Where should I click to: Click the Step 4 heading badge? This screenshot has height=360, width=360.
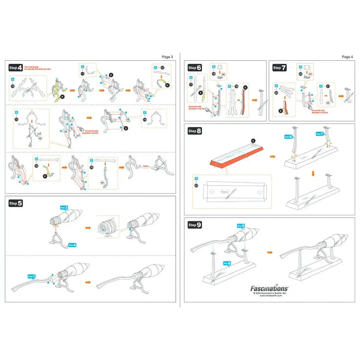pyautogui.click(x=15, y=67)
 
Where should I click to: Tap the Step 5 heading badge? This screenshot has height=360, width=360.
pyautogui.click(x=15, y=203)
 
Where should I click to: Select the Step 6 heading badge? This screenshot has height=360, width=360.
pyautogui.click(x=195, y=67)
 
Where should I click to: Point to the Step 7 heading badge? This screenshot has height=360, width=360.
pyautogui.click(x=280, y=67)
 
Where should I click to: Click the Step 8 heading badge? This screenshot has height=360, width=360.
pyautogui.click(x=195, y=131)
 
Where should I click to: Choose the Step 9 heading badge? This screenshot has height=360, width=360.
pyautogui.click(x=195, y=225)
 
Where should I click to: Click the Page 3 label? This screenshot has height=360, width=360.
pyautogui.click(x=168, y=57)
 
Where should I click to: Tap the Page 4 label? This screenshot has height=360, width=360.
pyautogui.click(x=347, y=57)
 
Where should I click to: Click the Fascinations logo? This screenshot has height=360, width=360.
pyautogui.click(x=269, y=290)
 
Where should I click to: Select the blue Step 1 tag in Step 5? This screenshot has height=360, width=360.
pyautogui.click(x=31, y=277)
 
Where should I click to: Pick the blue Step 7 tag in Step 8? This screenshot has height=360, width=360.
pyautogui.click(x=321, y=134)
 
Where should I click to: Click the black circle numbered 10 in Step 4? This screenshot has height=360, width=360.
pyautogui.click(x=13, y=87)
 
